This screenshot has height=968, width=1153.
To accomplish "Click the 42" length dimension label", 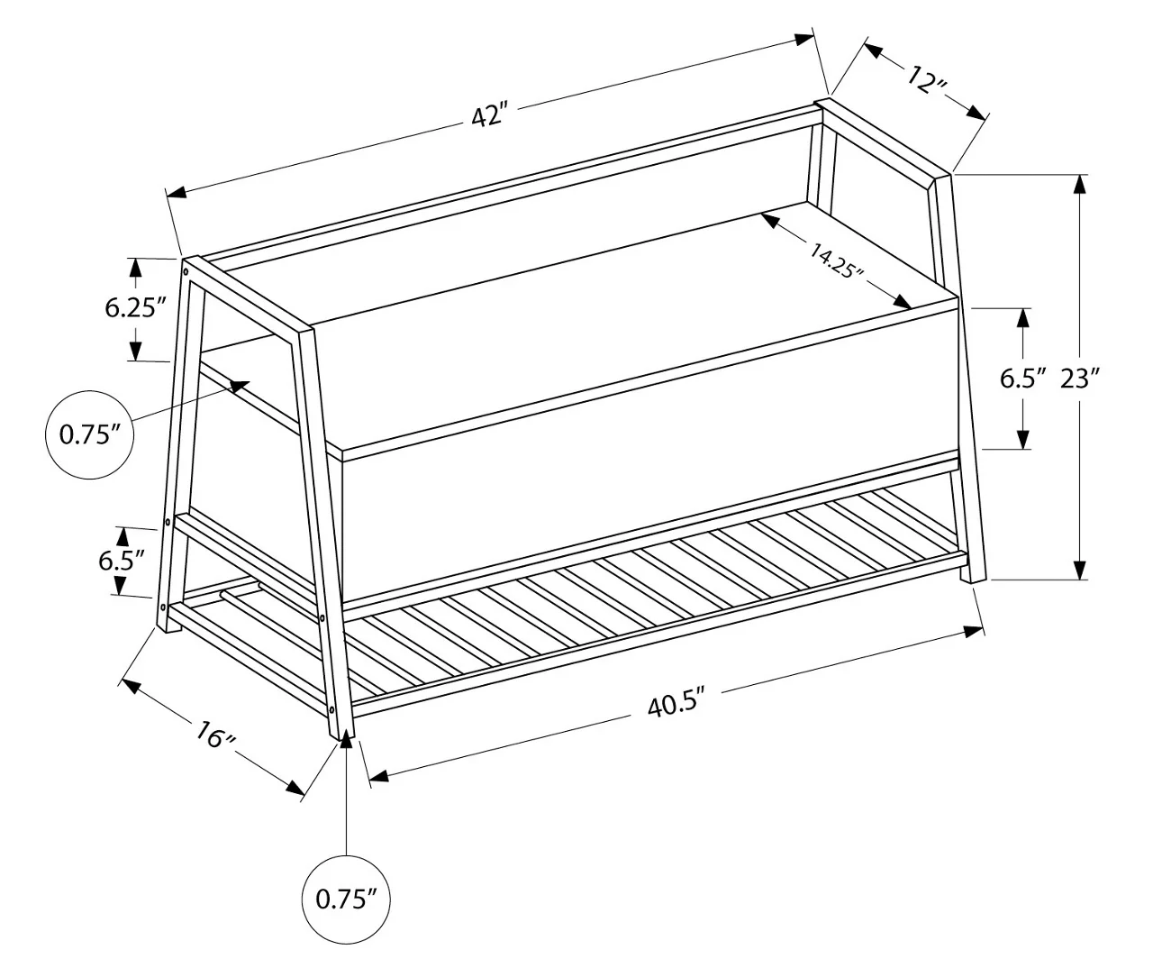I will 490,115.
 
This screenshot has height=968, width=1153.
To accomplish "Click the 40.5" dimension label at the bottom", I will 676,703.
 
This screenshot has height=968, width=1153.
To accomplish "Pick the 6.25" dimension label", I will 136,307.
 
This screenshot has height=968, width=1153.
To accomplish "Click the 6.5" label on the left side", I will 122,561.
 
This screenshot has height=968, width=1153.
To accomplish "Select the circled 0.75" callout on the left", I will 90,434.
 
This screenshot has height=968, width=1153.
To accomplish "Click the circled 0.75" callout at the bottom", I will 347,899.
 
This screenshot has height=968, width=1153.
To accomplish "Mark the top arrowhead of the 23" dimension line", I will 1080,182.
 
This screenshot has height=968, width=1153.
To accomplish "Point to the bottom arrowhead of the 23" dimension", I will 1080,571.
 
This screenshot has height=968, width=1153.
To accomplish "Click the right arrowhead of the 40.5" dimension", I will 974,631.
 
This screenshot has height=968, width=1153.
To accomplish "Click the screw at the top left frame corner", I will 186,269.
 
